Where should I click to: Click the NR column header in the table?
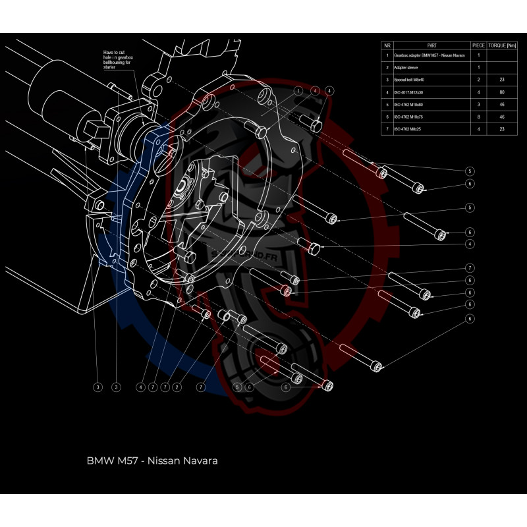coord(387,45)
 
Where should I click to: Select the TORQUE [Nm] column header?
coord(503,45)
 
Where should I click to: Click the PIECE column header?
coord(478,45)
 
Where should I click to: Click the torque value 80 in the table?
coord(503,92)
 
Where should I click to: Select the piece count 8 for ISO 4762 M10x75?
coord(478,117)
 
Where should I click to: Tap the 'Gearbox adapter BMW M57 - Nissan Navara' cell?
coord(429,55)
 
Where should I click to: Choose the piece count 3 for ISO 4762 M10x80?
coord(478,104)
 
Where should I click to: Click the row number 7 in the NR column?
coord(387,129)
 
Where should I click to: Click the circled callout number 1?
coord(298,90)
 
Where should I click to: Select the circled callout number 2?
coord(177,387)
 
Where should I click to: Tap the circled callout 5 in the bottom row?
coord(237,387)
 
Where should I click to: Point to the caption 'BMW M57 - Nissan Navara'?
coord(152,460)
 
